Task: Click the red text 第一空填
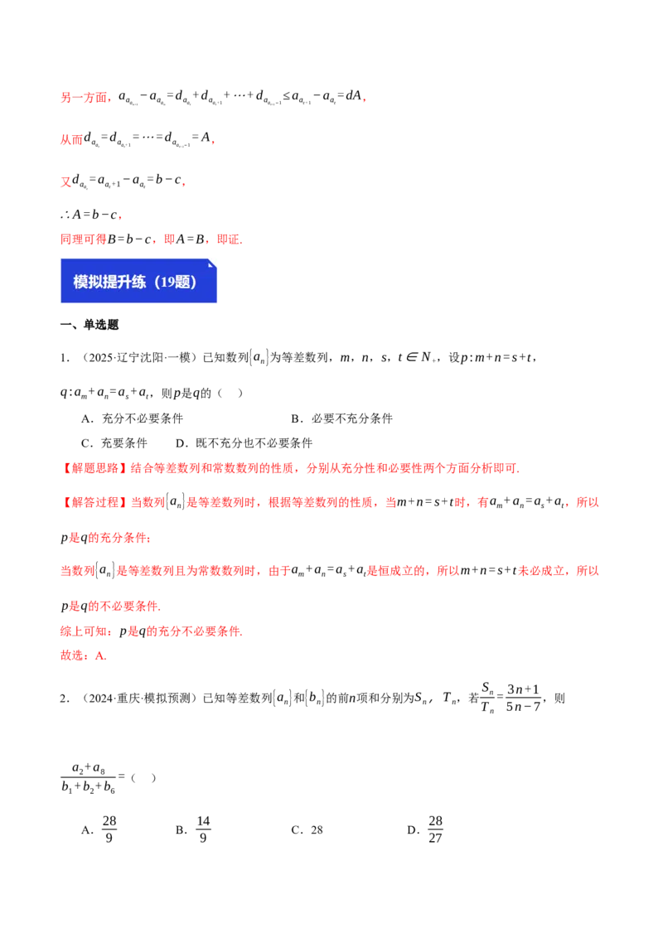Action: coord(85,98)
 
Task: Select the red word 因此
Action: coord(71,140)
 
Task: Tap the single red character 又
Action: coord(65,181)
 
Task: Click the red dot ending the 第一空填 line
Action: coord(364,100)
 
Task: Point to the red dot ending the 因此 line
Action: coord(214,143)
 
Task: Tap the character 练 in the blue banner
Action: coord(138,282)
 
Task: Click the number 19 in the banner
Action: coord(163,282)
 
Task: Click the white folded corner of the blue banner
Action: coord(212,263)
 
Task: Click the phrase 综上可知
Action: coord(84,631)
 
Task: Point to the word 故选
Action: coord(72,655)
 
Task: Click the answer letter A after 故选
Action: coord(99,655)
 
